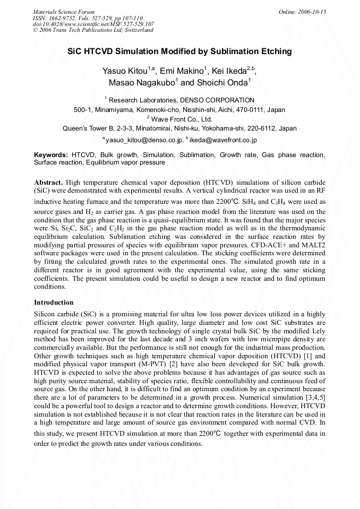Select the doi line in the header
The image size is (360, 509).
pos(93,24)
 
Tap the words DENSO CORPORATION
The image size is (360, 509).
pos(210,100)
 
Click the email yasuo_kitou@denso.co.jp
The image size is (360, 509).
pos(142,140)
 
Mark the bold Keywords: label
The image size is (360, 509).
pos(51,155)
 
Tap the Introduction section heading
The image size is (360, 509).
pos(54,302)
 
